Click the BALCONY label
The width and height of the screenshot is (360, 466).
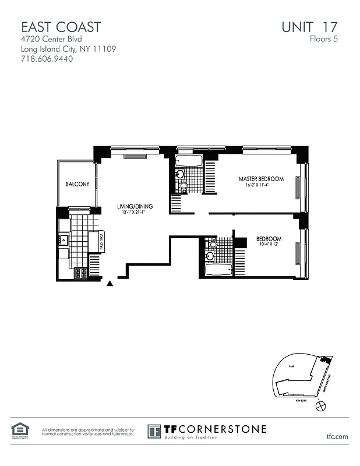77,184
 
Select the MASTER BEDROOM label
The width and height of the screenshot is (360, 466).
261,179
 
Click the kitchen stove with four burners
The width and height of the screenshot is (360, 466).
80,273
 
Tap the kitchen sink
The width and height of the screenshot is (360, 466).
63,239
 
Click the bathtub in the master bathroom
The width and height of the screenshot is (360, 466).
188,161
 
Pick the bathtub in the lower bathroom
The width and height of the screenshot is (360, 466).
218,270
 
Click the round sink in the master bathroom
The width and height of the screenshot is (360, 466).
180,174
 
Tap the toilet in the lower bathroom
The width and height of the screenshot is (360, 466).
213,244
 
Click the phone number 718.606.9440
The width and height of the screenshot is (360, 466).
47,59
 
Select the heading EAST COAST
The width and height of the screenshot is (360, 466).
61,27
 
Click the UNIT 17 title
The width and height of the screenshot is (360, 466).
309,27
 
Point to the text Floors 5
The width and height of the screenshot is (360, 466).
323,40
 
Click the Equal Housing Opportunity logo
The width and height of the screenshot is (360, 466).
19,430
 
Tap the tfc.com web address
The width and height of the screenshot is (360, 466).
337,436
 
